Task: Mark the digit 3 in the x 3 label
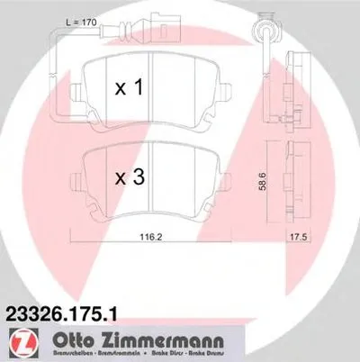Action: (x=141, y=178)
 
